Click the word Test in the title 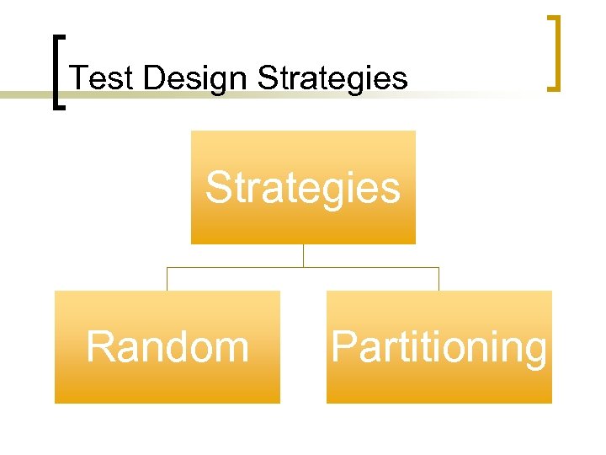point(104,78)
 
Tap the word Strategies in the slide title point(332,78)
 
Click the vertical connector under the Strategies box point(303,255)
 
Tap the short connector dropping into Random point(167,279)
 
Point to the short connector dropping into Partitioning point(439,279)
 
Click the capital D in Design point(153,78)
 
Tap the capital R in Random point(100,346)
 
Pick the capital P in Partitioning point(343,346)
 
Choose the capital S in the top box point(220,187)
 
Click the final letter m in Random point(231,349)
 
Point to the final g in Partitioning point(534,352)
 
